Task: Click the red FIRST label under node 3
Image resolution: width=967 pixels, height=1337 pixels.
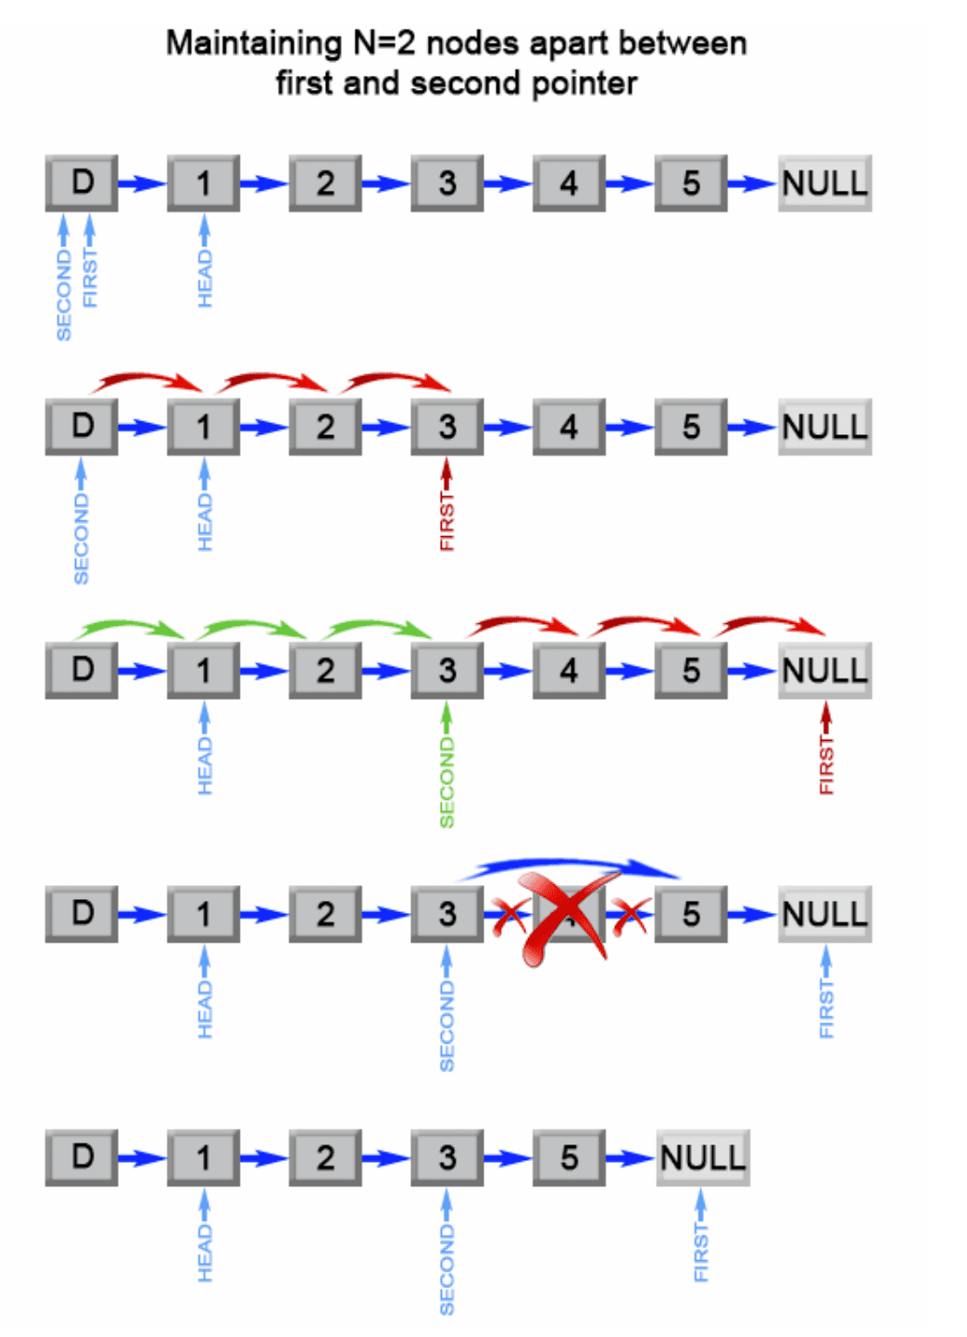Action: coord(447,521)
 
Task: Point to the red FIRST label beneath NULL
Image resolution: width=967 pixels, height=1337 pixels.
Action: coord(826,765)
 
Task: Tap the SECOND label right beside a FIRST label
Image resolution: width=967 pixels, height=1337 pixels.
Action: coord(64,294)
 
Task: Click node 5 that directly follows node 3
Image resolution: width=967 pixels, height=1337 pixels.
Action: coord(569,1157)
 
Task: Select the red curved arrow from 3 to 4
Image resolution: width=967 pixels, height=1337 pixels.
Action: coord(524,623)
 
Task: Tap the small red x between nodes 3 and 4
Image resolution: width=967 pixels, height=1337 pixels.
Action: coord(509,916)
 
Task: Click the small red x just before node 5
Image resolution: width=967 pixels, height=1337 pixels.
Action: coord(633,916)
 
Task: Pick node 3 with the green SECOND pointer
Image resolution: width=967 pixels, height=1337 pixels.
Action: coord(447,670)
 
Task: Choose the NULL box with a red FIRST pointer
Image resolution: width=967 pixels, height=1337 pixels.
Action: coord(824,670)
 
